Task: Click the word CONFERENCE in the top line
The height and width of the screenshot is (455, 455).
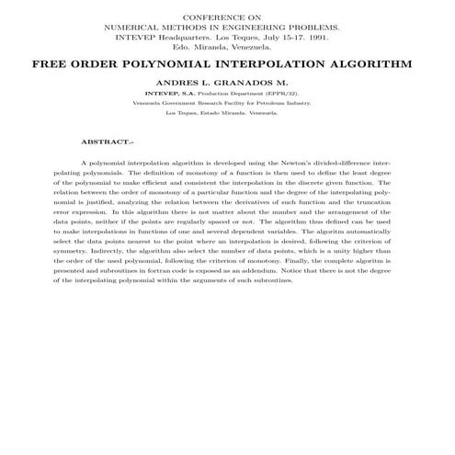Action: tap(210, 18)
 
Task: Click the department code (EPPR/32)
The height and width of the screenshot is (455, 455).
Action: tap(279, 94)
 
